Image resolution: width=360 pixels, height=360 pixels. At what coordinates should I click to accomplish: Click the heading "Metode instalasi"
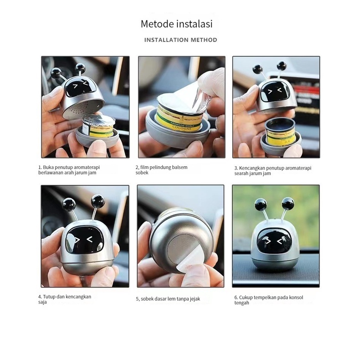click(x=176, y=24)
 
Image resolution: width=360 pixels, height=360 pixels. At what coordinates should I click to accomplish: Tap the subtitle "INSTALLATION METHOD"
click(x=181, y=40)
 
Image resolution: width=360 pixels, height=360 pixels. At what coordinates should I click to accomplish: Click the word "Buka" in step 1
click(x=48, y=167)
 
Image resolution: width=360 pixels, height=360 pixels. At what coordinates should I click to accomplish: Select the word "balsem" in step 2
click(x=180, y=167)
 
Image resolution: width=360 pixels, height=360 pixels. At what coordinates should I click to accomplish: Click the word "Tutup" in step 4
click(x=49, y=297)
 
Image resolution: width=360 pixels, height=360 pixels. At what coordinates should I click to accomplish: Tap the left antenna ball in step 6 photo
click(x=261, y=204)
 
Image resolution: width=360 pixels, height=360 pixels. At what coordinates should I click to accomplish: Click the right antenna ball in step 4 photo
click(x=98, y=201)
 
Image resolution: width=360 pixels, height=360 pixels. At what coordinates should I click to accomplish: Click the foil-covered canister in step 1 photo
click(x=98, y=128)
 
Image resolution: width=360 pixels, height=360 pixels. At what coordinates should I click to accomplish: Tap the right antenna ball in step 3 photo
click(x=282, y=66)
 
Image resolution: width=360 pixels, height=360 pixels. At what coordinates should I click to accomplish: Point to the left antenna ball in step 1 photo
click(x=56, y=73)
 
